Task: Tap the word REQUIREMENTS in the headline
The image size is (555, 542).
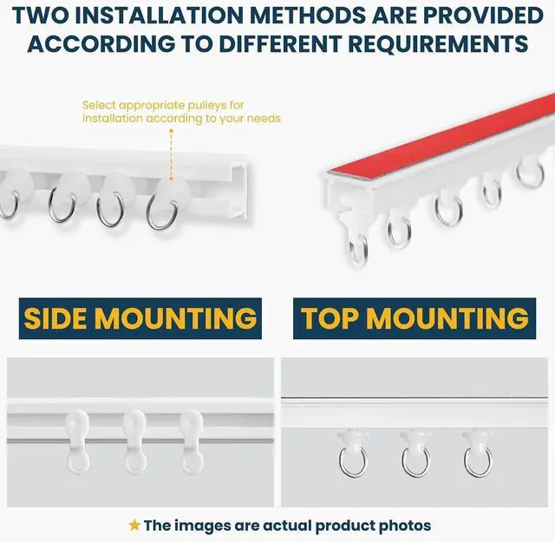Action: coord(438,44)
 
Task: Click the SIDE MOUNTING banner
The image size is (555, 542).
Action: coord(140,318)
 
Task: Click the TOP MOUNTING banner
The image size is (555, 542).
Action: coord(415,318)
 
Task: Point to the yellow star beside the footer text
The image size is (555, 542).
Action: coord(134,525)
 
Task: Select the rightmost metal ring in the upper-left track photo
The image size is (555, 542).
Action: coord(162,214)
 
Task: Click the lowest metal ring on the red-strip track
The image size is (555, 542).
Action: coord(358,250)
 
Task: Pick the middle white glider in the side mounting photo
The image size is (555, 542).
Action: coord(135,441)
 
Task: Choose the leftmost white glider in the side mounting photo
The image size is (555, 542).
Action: coord(77,441)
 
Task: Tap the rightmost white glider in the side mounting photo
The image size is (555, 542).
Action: coord(192,441)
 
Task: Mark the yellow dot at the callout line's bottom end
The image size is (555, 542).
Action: coord(171,179)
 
